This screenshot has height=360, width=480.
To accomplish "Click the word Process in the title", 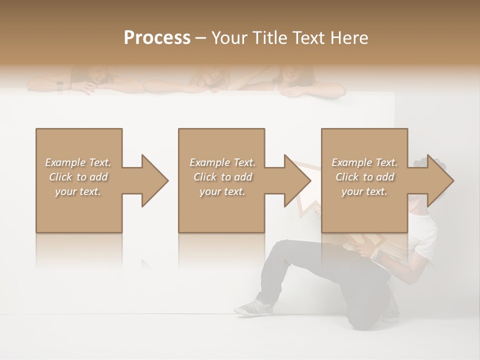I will coord(157,38).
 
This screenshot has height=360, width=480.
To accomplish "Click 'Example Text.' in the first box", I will coord(78,162).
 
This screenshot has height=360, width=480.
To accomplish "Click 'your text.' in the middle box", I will coord(222,191).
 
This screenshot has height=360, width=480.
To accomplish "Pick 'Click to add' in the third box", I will coord(364,177).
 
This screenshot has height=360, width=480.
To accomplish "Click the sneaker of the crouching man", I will coord(253,307).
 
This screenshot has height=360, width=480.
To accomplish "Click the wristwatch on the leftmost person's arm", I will coord(60,85).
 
